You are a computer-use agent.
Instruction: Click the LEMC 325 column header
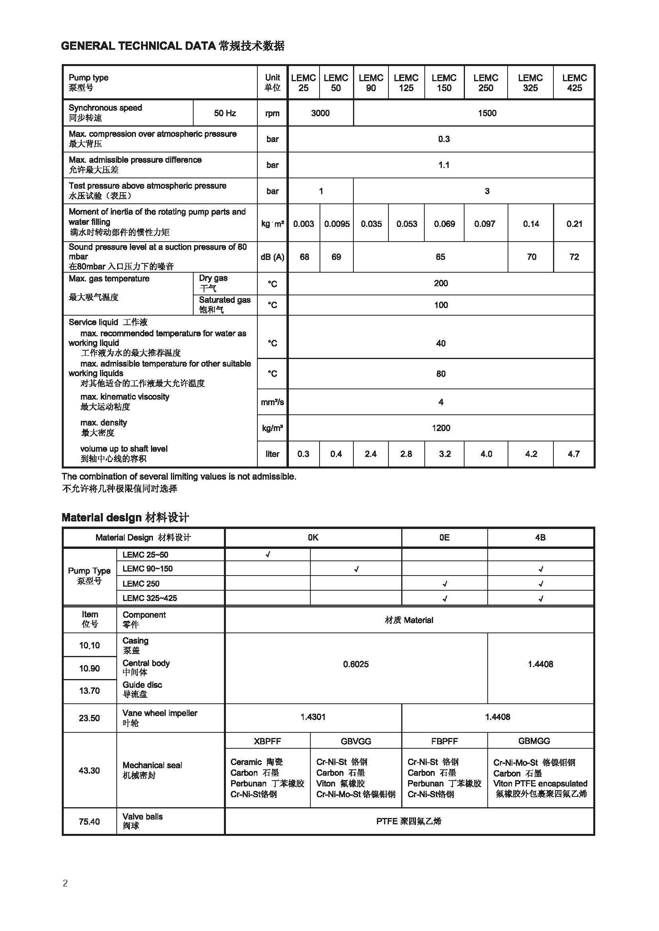point(530,83)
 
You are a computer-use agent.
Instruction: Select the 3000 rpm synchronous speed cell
point(320,113)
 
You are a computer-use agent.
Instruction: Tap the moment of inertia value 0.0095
point(336,224)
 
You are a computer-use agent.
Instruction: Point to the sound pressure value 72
point(574,257)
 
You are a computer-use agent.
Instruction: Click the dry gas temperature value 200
point(441,283)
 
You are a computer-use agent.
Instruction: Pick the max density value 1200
point(441,428)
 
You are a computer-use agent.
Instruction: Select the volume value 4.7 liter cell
point(573,454)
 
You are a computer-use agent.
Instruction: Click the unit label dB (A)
point(272,257)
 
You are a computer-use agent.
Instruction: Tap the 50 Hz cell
point(225,113)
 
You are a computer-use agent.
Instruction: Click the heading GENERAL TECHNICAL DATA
point(138,46)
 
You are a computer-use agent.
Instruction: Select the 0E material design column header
point(444,538)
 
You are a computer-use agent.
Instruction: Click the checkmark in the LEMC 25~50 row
point(268,554)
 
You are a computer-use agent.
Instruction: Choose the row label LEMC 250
point(141,584)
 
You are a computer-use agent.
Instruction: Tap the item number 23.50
point(89,718)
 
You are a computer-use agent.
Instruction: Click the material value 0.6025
point(355,664)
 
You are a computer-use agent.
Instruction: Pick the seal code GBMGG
point(534,741)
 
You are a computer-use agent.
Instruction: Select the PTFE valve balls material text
point(409,822)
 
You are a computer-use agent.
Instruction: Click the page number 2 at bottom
point(65,883)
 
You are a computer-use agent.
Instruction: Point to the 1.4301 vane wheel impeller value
point(313,717)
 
